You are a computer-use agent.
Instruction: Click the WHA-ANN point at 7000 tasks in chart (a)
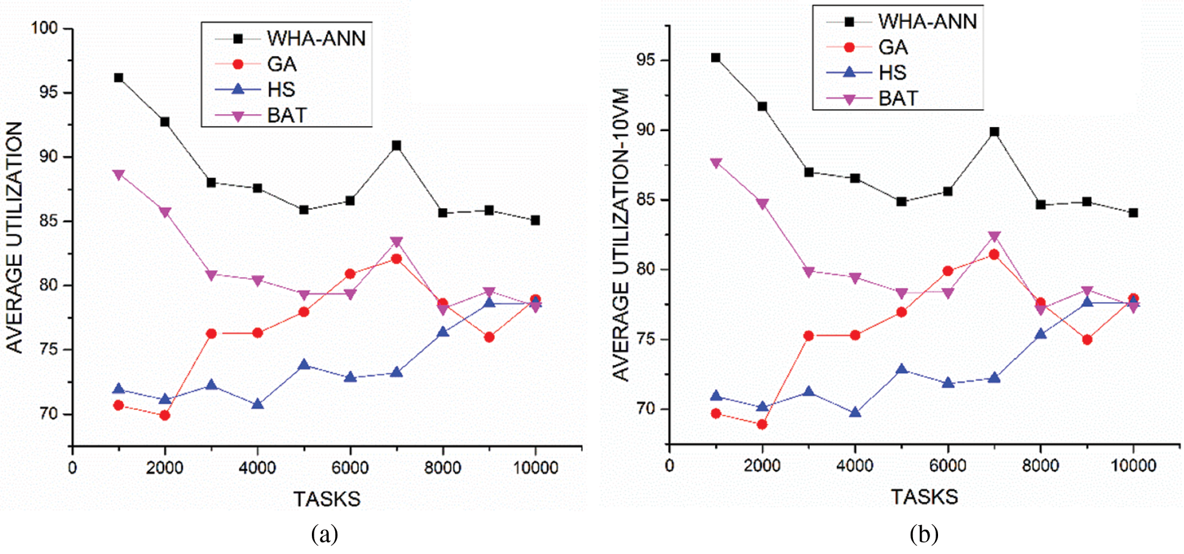[396, 145]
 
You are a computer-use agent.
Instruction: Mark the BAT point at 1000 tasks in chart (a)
[118, 174]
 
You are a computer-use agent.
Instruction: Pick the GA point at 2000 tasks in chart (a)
[165, 415]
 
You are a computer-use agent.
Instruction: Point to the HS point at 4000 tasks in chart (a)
[258, 404]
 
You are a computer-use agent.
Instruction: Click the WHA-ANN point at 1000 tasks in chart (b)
[716, 58]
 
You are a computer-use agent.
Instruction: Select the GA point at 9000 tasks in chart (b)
[1087, 340]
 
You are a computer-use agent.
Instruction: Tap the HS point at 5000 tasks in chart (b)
[901, 370]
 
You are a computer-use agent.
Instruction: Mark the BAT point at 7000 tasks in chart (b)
[994, 236]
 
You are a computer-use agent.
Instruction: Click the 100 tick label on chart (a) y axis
[44, 28]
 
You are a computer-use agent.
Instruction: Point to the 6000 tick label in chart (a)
[350, 468]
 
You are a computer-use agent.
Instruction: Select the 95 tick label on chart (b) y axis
[645, 60]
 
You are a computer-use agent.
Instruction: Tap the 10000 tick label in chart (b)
[1133, 466]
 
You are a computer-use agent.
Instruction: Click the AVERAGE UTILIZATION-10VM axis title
[621, 235]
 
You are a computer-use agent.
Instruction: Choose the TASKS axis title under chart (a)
[327, 499]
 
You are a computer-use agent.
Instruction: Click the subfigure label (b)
[923, 534]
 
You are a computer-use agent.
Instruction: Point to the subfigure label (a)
[324, 534]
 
